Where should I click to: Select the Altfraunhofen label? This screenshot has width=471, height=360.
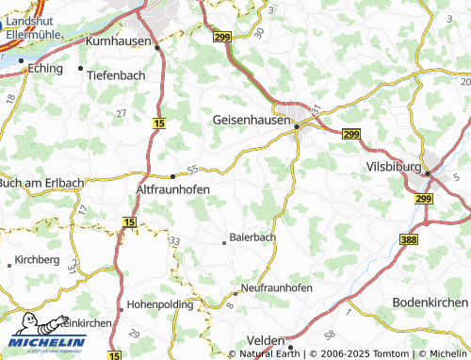click(x=167, y=188)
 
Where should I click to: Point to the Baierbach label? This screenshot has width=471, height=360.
click(x=253, y=237)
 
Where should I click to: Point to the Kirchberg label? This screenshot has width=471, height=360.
click(x=38, y=259)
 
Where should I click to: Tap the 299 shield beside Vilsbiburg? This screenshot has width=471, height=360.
click(x=423, y=199)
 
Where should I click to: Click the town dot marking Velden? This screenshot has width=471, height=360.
click(x=290, y=347)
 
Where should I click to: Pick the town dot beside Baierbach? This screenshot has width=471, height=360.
click(x=223, y=241)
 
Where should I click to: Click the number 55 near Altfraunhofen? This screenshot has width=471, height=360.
click(x=192, y=170)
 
